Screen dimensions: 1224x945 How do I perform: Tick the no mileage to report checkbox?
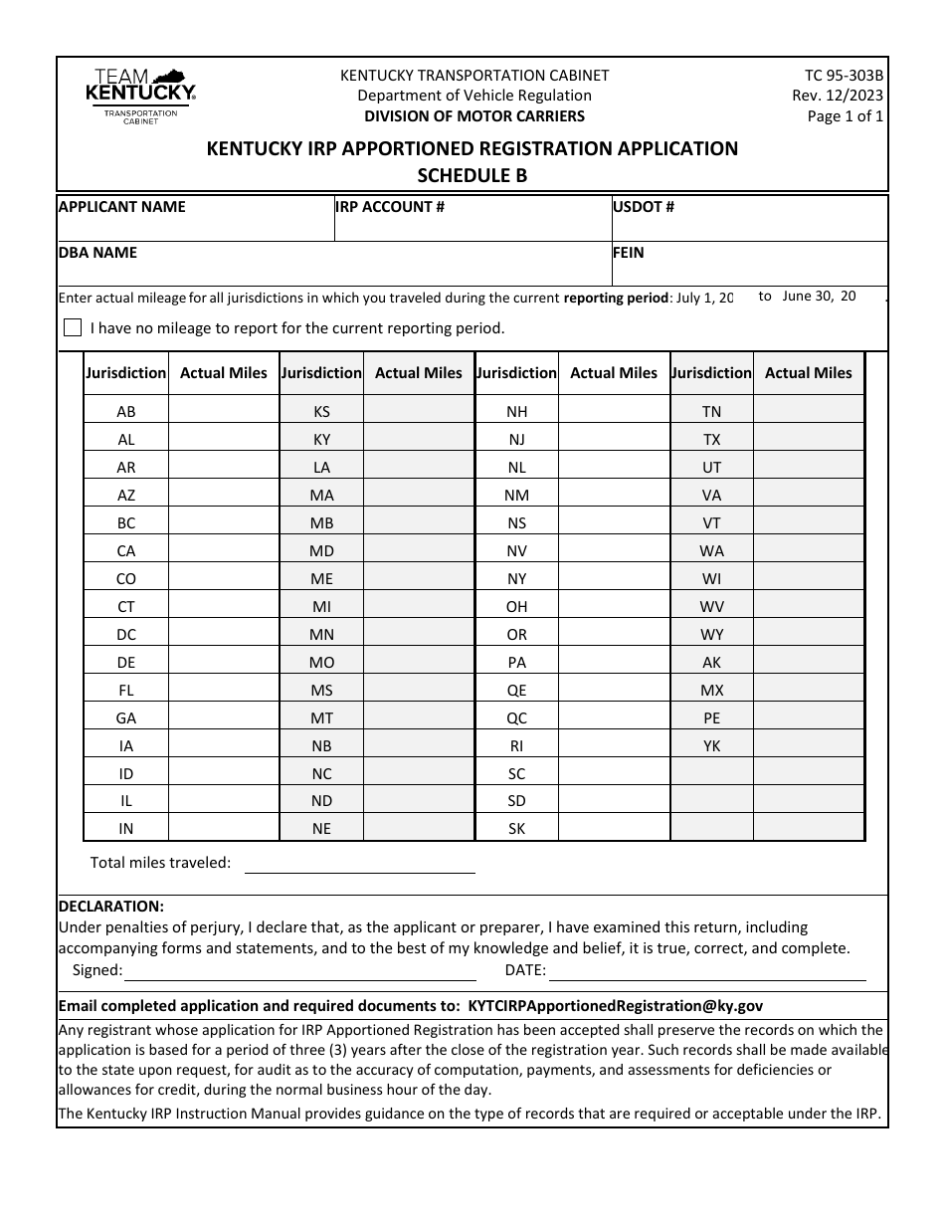(73, 327)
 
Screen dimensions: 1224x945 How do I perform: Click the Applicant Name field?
(195, 226)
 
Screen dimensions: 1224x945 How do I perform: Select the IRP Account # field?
(472, 226)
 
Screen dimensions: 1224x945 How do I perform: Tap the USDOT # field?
(749, 226)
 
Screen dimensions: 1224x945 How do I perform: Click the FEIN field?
(749, 271)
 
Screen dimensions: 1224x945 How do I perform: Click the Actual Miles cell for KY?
(419, 439)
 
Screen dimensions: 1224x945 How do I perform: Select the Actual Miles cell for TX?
(808, 439)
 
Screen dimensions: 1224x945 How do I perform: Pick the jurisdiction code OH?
(517, 606)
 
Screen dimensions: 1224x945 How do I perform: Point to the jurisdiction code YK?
(712, 745)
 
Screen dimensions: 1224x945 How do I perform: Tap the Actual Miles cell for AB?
(224, 411)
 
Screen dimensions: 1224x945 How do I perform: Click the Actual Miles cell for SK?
(614, 828)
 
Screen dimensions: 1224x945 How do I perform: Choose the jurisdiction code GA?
(126, 717)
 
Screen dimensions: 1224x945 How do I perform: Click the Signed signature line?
(299, 970)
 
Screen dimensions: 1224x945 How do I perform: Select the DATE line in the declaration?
(706, 970)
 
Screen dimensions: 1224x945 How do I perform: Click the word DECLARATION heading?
(111, 906)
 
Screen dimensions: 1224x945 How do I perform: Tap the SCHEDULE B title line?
(472, 175)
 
